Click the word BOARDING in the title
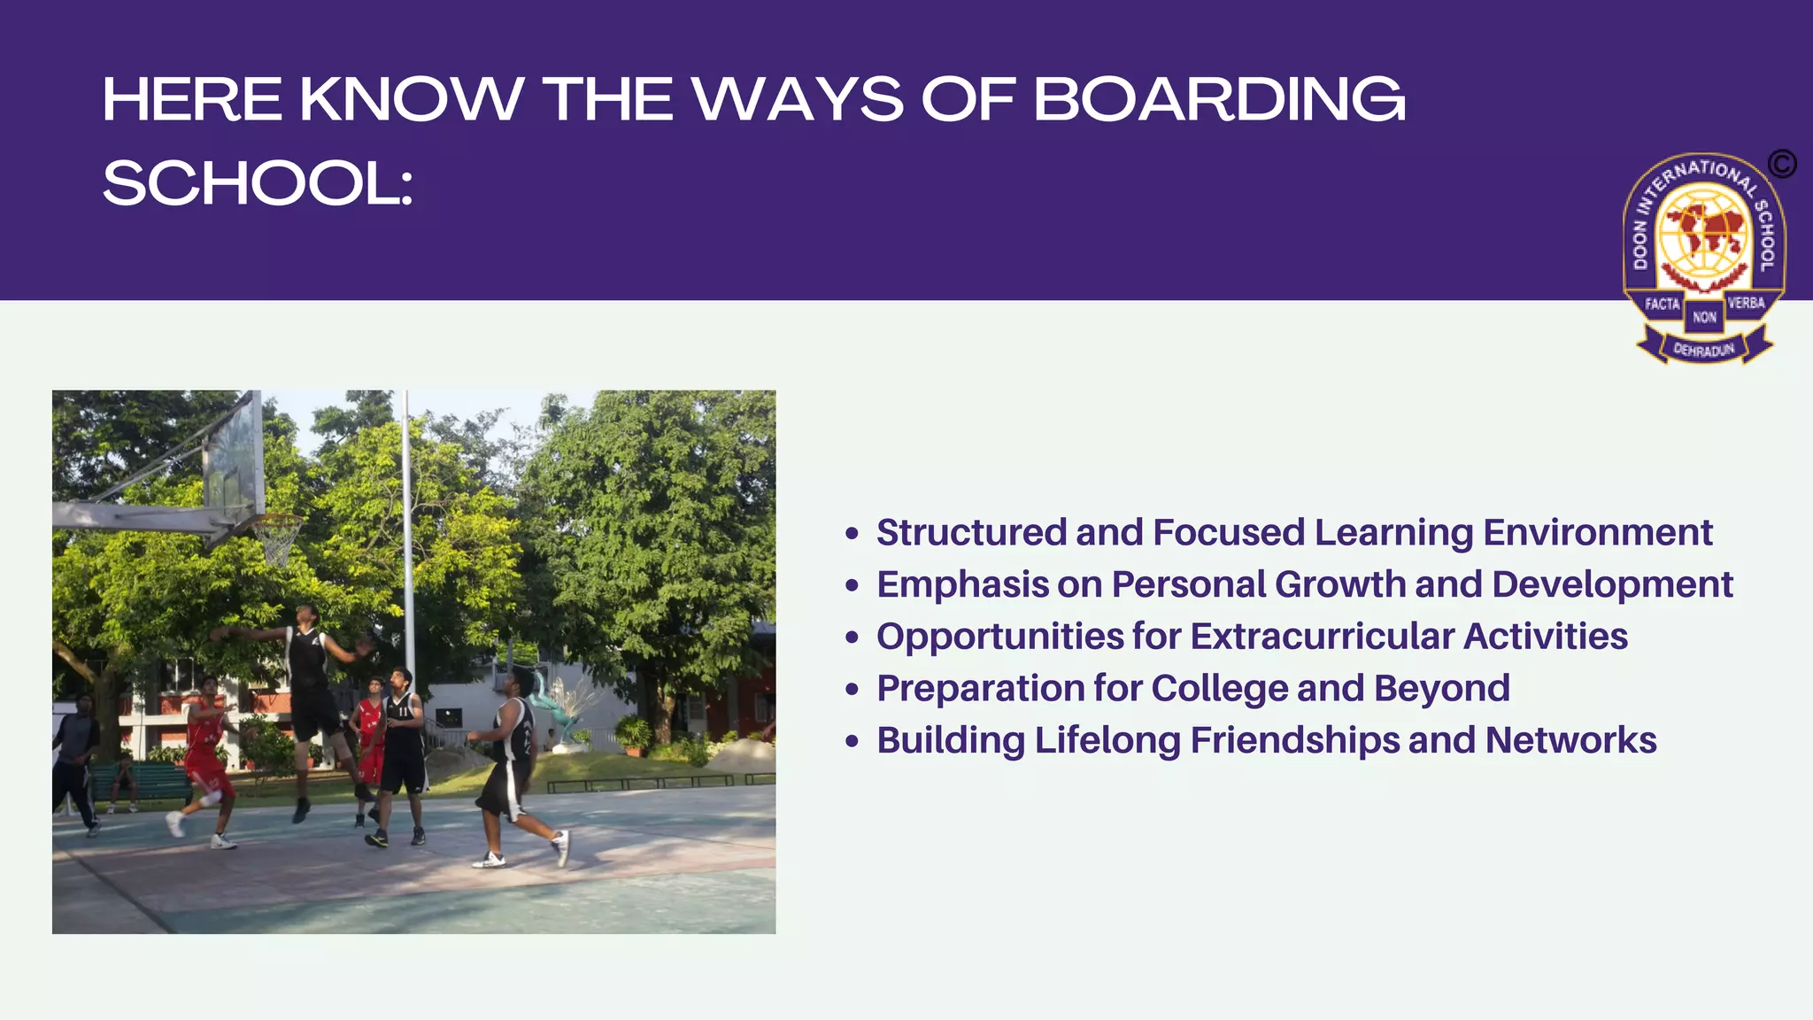1219,99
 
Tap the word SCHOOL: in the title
258,184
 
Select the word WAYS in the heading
798,99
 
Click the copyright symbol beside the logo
1782,164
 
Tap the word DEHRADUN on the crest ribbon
1703,350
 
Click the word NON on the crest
1704,317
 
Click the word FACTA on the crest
1662,304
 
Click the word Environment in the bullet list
1597,533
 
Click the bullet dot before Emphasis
852,585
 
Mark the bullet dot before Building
852,741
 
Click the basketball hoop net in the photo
278,539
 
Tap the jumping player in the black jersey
309,682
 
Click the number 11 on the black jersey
404,711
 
